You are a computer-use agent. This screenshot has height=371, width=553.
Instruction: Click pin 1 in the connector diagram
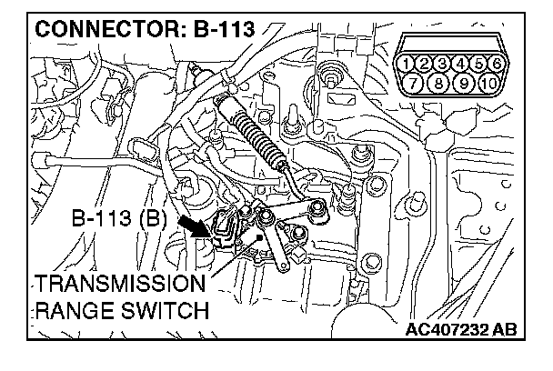pyautogui.click(x=410, y=64)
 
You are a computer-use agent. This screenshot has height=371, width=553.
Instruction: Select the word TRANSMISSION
pyautogui.click(x=115, y=283)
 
